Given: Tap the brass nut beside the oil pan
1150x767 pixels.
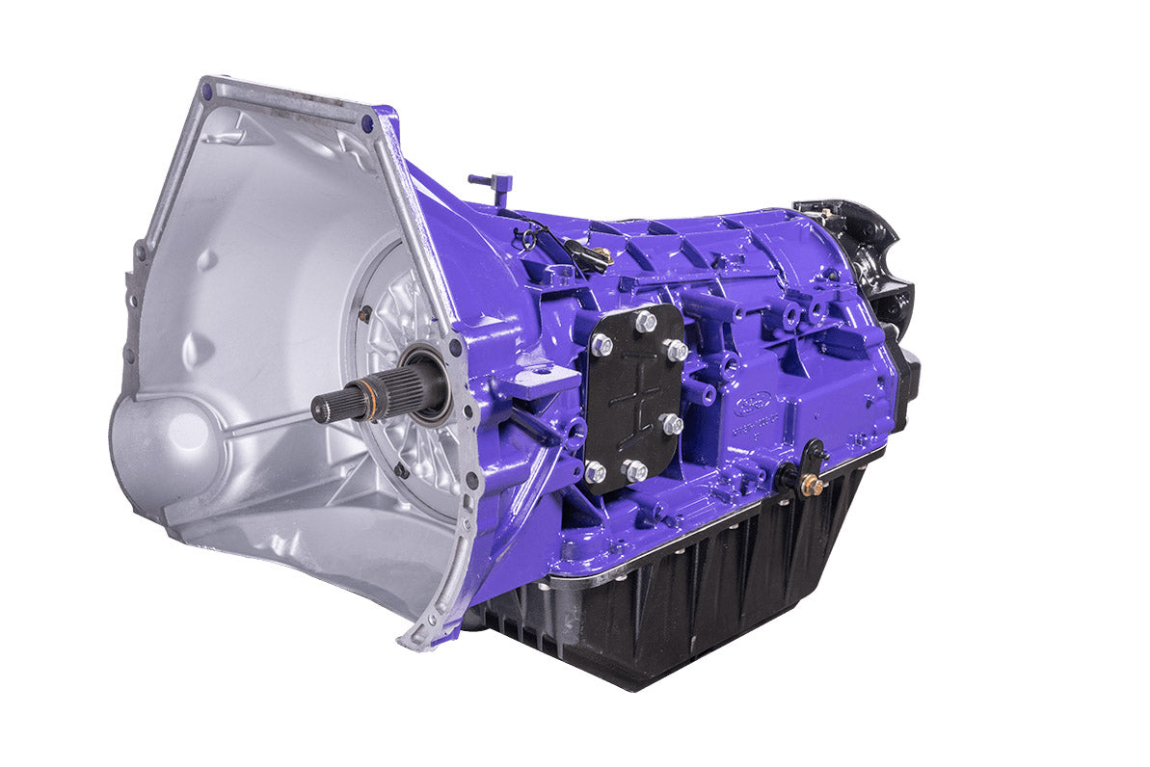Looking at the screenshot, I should tap(812, 484).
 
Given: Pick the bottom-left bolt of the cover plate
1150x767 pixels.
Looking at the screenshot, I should tap(595, 471).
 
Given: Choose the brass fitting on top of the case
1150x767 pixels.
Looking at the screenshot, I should tap(601, 255).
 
